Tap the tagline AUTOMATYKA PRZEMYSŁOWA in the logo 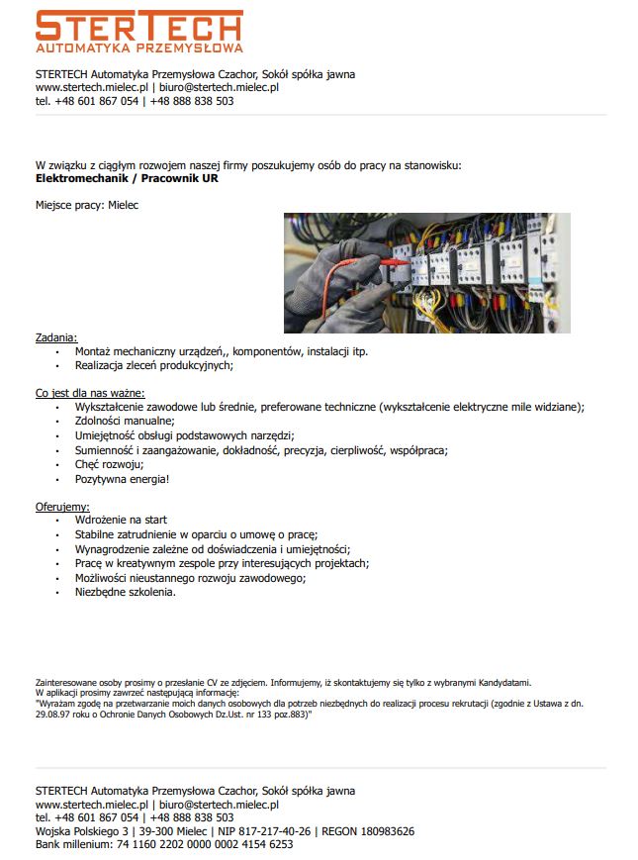coord(138,47)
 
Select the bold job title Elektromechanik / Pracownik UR coord(127,179)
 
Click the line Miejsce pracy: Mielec coord(87,205)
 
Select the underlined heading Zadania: coord(55,337)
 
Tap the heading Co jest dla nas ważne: coord(90,393)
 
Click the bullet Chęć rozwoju coord(109,464)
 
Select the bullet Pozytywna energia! coord(122,479)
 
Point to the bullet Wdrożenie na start coord(121,520)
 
